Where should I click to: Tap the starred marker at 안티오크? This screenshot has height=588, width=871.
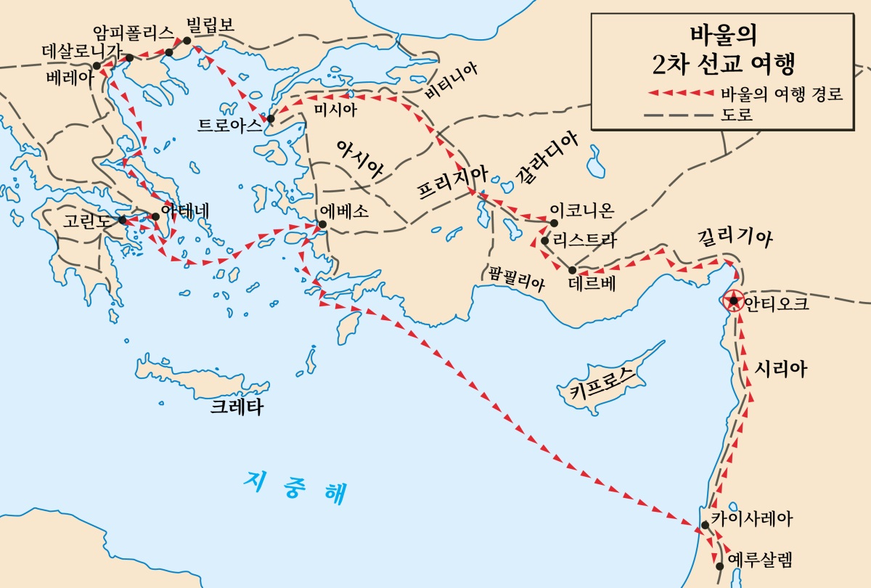click(x=734, y=301)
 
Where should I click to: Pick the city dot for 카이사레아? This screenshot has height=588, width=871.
click(x=705, y=525)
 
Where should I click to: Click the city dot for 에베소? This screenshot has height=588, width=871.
click(x=322, y=224)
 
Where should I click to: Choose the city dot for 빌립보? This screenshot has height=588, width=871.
click(x=187, y=41)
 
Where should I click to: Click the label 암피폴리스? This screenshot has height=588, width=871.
click(x=134, y=32)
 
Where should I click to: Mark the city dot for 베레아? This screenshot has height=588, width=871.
click(x=97, y=65)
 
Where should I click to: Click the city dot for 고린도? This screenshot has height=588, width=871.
click(x=123, y=219)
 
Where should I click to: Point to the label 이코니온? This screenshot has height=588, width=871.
click(x=582, y=211)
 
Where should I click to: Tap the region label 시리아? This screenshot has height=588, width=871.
click(x=781, y=368)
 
